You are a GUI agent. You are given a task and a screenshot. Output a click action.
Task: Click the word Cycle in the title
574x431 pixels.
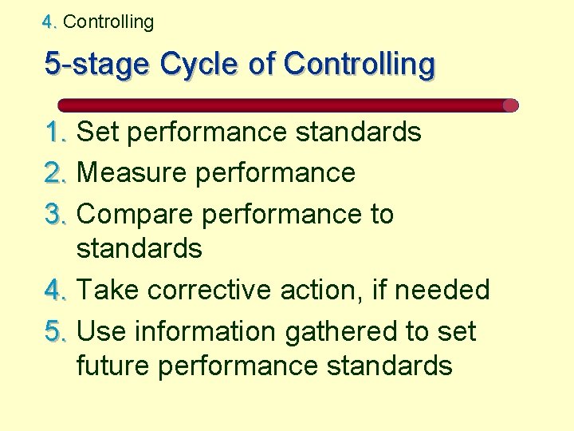(199, 64)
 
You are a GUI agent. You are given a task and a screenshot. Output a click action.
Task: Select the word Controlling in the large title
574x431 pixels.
(359, 64)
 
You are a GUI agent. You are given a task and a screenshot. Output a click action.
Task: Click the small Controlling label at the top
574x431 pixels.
(108, 22)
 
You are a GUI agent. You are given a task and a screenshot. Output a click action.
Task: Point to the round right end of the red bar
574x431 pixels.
(511, 105)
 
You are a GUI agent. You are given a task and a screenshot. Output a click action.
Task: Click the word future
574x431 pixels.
(112, 366)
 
